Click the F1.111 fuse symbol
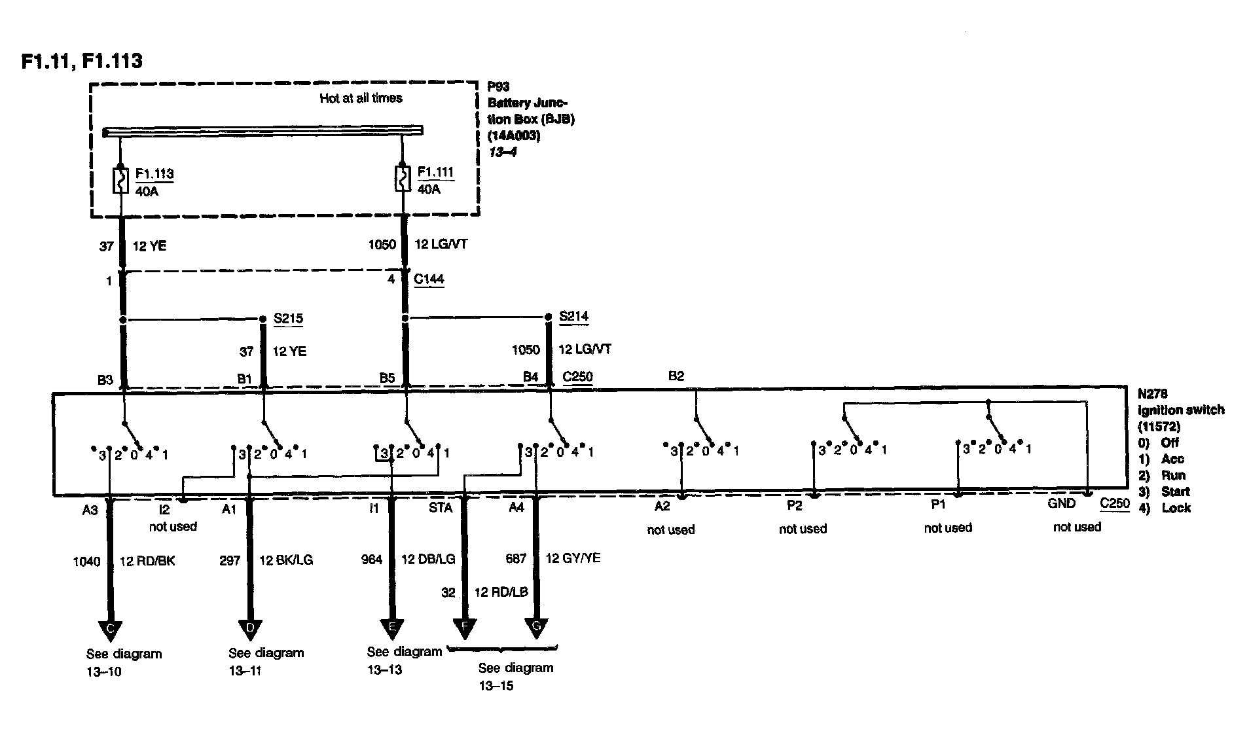(403, 179)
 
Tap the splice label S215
(288, 319)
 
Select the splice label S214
(573, 317)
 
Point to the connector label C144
(429, 279)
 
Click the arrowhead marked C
(110, 630)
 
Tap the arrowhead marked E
(392, 628)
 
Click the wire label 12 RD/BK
(147, 561)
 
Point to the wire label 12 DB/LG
(428, 560)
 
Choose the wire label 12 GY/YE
(573, 558)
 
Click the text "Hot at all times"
(361, 98)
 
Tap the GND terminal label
(1061, 503)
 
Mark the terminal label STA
(441, 507)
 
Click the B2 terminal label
(676, 376)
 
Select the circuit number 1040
(86, 561)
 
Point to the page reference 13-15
(496, 686)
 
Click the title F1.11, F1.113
(82, 61)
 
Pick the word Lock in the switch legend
(1176, 508)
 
